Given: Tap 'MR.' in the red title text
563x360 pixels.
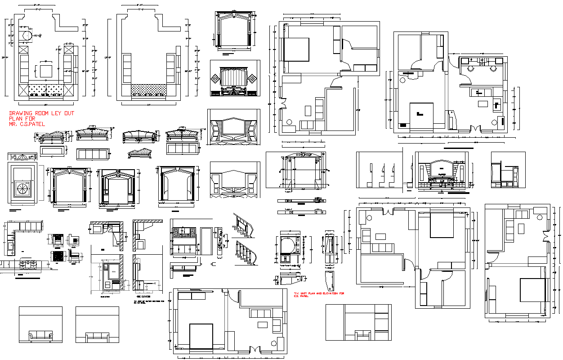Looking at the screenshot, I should [14, 124].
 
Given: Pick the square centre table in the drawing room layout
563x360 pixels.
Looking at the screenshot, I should [46, 71].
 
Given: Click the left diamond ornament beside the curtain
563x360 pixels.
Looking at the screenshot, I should [216, 79].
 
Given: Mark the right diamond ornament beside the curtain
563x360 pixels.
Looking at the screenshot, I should [253, 79].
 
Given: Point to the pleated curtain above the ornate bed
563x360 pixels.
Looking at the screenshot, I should [234, 76].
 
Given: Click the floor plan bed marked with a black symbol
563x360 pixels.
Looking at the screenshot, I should [421, 115].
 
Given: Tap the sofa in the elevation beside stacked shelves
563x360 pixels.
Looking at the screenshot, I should [362, 335].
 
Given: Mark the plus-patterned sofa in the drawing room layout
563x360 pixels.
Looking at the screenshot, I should [46, 90].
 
